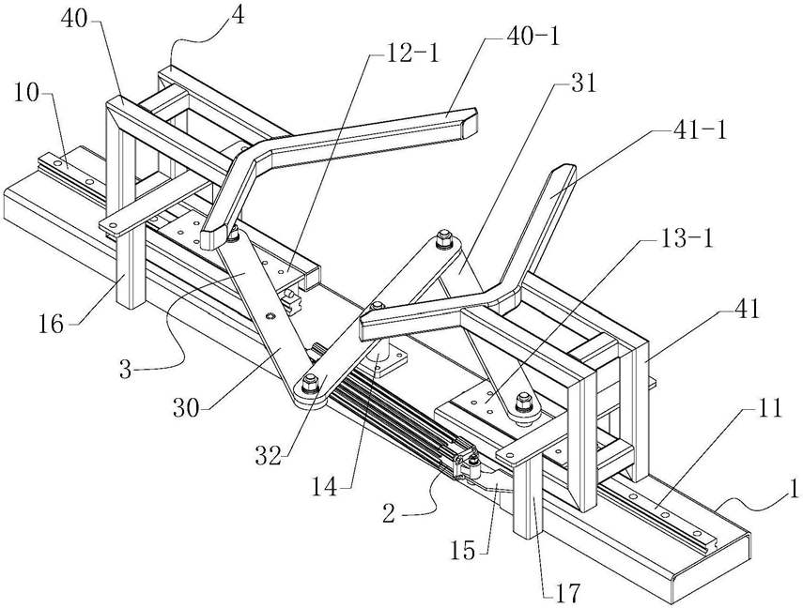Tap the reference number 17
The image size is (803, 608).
[x=568, y=593]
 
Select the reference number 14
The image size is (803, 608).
[x=325, y=486]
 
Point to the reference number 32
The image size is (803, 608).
[x=270, y=455]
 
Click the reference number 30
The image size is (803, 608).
[x=186, y=408]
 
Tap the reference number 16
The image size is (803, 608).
[x=53, y=324]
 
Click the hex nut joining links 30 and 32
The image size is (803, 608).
[x=309, y=382]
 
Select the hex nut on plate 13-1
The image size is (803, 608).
[x=523, y=401]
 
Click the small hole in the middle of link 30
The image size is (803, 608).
[x=270, y=317]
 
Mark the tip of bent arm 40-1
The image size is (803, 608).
[x=471, y=122]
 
